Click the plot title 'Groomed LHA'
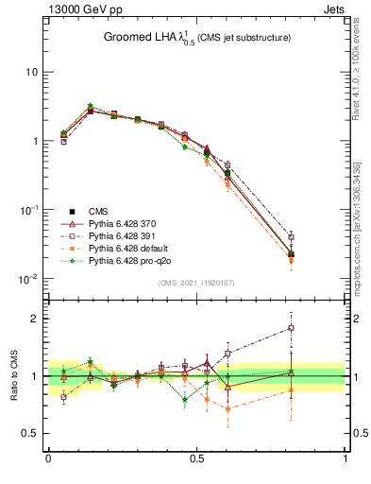pos(141,38)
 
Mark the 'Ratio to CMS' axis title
pos(13,376)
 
